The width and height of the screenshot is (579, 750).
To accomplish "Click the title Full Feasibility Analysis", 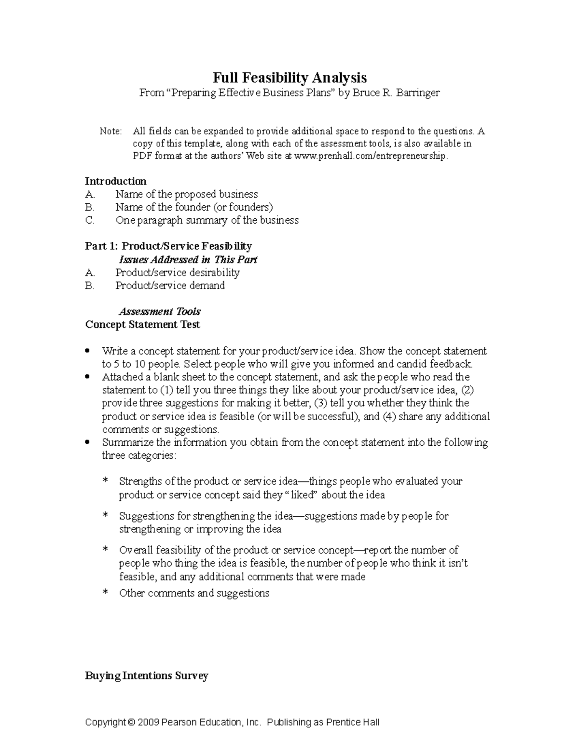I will coord(289,77).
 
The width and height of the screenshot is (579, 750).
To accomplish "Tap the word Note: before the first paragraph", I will coord(111,131).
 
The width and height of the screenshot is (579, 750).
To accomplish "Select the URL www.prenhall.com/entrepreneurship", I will coord(370,156).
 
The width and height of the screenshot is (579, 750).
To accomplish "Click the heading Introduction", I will coord(115,181).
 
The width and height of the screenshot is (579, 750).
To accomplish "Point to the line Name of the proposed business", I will coord(186,194).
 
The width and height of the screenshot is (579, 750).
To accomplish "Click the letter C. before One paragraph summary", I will coord(90,220).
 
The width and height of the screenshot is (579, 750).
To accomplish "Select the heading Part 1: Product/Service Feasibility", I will coord(168,246).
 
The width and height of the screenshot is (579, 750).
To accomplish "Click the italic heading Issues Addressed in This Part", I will coord(188,259).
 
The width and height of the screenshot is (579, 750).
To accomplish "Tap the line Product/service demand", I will coord(170,285).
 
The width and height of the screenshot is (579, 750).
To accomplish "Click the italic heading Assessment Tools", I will coord(159,311).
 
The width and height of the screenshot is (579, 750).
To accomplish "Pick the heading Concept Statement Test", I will coord(142,325).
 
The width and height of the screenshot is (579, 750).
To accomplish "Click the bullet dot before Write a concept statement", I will coord(87,350).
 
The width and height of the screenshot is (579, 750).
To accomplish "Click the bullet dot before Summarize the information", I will coord(87,442).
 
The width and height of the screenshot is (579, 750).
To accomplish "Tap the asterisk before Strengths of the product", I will coord(106,481).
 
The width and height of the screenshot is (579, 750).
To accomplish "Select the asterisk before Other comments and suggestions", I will coord(106,594).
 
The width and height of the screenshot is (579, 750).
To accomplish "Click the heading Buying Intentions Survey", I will coord(146,676).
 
